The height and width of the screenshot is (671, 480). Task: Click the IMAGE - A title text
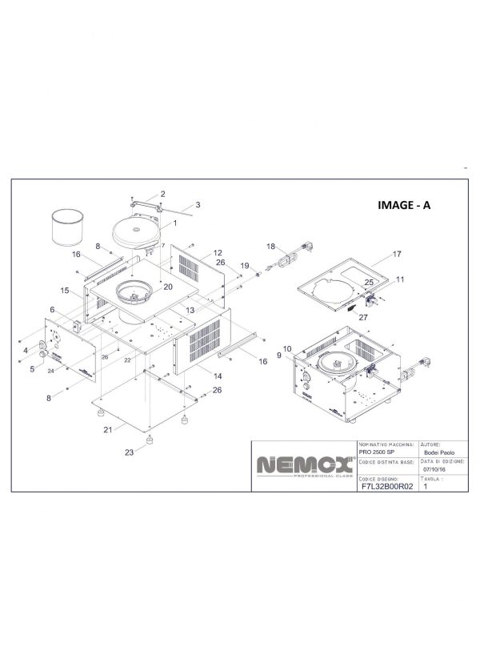[404, 205]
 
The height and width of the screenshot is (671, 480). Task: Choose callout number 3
[198, 205]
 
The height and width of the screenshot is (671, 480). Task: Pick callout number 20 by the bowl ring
[168, 286]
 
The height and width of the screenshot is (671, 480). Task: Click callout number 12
[216, 252]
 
